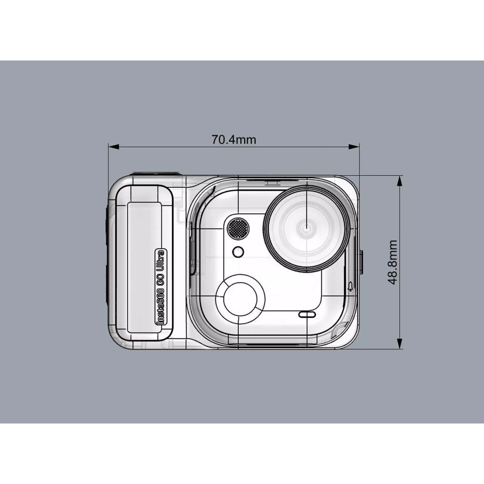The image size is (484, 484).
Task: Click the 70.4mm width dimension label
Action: pyautogui.click(x=234, y=139)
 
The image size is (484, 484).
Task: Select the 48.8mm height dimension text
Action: pyautogui.click(x=393, y=262)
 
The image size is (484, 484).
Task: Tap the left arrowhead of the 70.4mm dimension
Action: pyautogui.click(x=112, y=147)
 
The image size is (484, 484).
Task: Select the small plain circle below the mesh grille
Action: pyautogui.click(x=238, y=252)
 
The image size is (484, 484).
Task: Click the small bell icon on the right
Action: pyautogui.click(x=350, y=287)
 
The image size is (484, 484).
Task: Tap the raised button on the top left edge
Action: pyautogui.click(x=155, y=174)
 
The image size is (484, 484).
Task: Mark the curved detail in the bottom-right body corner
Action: pyautogui.click(x=339, y=332)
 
